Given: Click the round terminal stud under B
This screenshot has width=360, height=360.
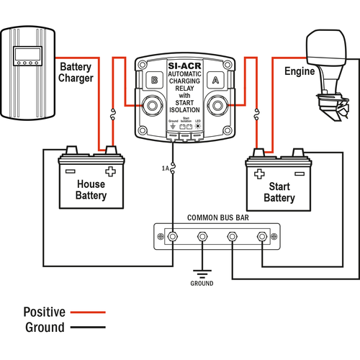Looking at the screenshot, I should pos(152,107).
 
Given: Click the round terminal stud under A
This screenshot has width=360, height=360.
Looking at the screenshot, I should pos(215,107).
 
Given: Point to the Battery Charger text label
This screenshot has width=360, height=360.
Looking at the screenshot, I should pos(76,71).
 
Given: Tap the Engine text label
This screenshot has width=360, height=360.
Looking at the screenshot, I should pos(300,72).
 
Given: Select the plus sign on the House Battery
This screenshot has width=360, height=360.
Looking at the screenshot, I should pos(110,171).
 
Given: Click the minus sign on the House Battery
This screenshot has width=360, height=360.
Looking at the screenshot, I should pos(70,171).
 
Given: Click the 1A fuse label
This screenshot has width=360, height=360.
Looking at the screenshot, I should pos(165,168).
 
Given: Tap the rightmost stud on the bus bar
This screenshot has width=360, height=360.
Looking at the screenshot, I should pos(261,236).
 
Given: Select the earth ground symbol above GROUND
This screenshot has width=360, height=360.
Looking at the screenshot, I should pos(202,273).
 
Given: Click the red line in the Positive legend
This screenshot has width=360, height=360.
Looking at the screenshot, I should pos(88,312).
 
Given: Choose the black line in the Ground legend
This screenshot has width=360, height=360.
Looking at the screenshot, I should pos(88,328).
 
